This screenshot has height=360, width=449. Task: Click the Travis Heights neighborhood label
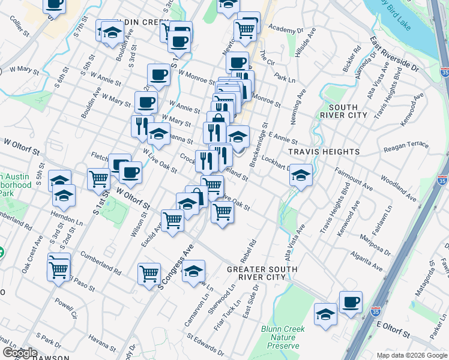pos(316,152)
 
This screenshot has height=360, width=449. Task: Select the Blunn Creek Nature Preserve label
pos(283,337)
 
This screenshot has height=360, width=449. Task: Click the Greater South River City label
pos(262,274)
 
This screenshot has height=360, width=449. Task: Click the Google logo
pos(19,353)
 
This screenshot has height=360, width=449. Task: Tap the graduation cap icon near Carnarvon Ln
pos(193,271)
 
